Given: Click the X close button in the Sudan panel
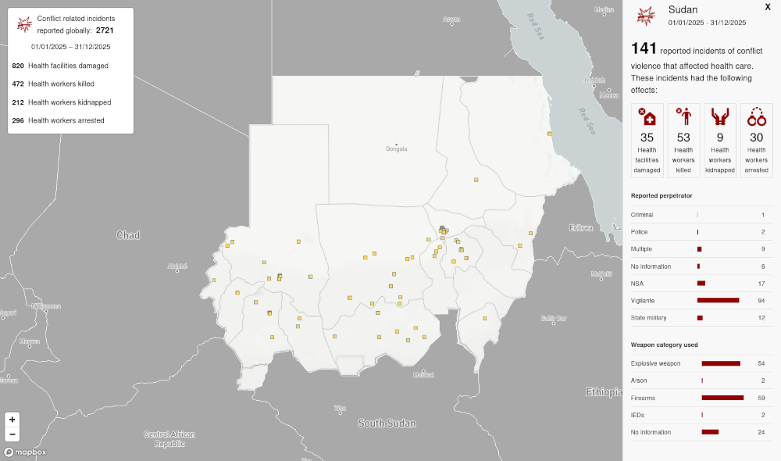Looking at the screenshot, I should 767,6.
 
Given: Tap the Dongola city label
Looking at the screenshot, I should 397,148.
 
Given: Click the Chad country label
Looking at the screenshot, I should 127,235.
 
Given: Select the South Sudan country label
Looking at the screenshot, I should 387,423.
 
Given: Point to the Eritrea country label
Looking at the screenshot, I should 581,227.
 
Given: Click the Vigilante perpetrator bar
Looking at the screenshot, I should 718,300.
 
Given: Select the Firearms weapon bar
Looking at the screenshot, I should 722,398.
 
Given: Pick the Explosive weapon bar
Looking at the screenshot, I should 721,363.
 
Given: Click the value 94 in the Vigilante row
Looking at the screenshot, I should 761,300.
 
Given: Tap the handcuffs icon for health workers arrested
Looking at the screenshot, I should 756,117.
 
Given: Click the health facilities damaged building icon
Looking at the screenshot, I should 647,117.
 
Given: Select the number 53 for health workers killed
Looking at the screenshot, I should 683,138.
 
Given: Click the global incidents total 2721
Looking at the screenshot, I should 105,30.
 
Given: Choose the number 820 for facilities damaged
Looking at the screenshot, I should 18,66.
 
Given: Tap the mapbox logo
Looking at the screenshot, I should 25,452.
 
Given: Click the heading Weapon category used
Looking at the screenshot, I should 664,345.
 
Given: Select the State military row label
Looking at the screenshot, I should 650,317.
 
